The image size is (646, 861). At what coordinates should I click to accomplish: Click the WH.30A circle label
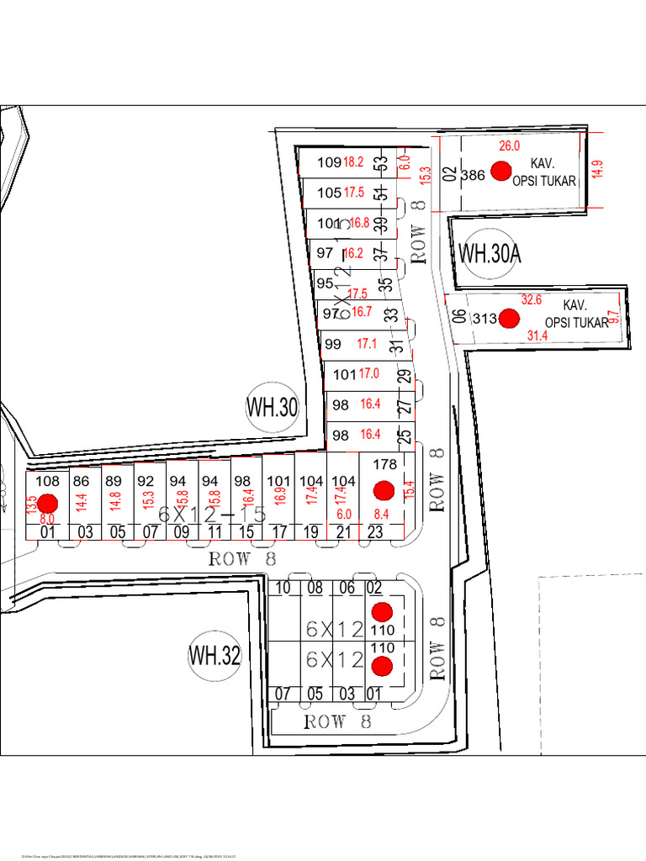(490, 252)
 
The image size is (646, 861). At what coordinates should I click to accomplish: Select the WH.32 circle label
(214, 655)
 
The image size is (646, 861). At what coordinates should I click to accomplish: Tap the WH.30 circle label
(272, 408)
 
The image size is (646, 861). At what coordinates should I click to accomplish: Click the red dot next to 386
(501, 172)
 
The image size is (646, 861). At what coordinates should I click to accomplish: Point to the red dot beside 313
(508, 318)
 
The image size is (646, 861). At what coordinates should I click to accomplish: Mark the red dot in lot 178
(384, 489)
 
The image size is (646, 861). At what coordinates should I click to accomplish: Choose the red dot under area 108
(47, 504)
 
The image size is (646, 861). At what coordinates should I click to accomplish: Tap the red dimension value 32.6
(532, 299)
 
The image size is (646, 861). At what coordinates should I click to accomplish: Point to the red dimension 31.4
(537, 335)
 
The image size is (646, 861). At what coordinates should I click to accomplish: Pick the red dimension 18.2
(353, 161)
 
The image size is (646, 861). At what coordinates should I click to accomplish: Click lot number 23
(375, 531)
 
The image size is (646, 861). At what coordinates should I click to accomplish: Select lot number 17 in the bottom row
(279, 531)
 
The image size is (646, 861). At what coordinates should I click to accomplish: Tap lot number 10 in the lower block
(283, 589)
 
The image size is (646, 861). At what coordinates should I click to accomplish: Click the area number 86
(82, 481)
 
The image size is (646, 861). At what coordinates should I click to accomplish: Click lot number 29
(404, 376)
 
